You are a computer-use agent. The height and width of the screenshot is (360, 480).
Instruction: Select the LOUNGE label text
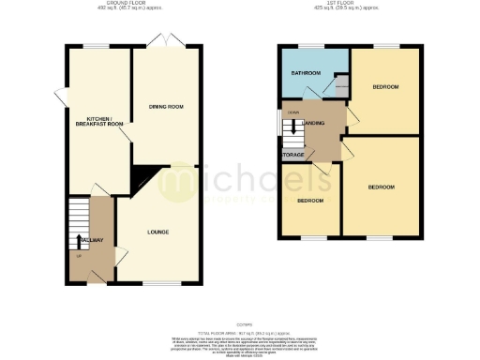point(157,232)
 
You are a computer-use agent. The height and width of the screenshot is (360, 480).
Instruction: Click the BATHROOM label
point(306,73)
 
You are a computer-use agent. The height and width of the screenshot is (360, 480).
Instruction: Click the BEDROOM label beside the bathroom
point(385,87)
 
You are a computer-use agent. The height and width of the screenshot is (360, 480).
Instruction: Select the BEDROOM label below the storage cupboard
point(310,201)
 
